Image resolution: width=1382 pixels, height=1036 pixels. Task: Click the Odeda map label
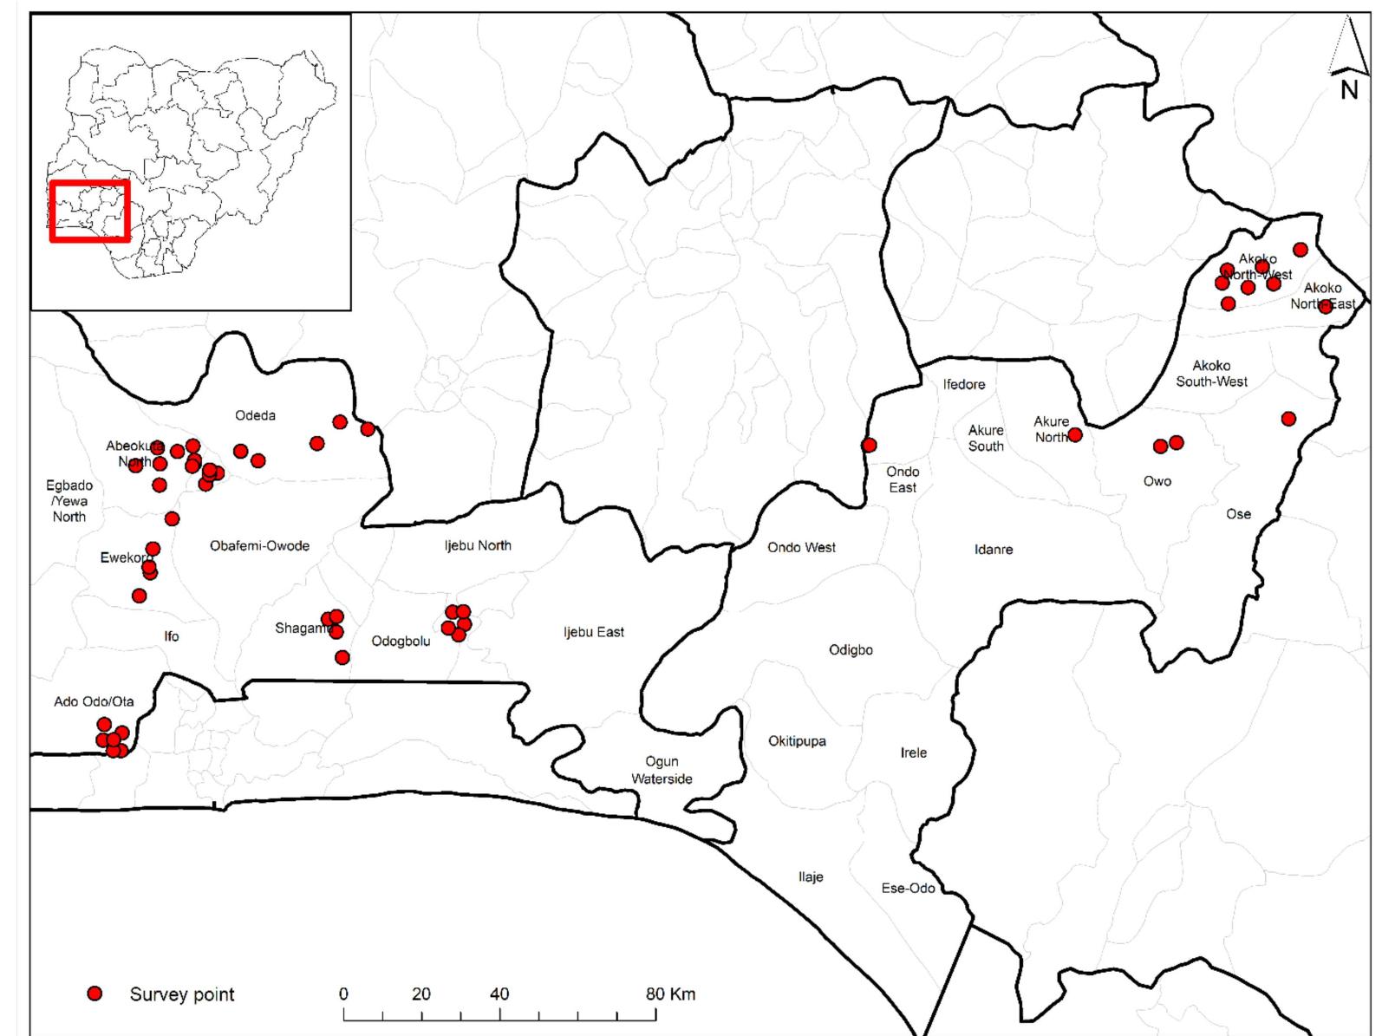point(255,415)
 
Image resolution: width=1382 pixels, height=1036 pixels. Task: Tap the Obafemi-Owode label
point(259,546)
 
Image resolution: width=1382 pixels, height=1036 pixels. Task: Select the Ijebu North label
point(478,545)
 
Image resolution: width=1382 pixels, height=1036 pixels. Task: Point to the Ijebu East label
point(593,632)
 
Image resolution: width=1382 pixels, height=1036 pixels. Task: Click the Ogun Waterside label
point(662,770)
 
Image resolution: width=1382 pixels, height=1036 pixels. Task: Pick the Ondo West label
point(801,547)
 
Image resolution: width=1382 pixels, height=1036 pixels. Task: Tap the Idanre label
point(993,550)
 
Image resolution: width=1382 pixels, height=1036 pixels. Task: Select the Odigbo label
point(851,650)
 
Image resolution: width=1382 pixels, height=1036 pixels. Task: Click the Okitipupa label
point(797,741)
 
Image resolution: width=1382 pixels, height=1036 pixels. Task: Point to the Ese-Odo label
point(908,888)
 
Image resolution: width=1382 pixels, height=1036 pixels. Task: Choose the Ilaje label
point(811,876)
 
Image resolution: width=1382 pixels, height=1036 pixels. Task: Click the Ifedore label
point(964,384)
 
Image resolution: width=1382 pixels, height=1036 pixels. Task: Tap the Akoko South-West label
point(1211,374)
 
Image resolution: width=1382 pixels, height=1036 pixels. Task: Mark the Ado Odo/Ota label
point(94,701)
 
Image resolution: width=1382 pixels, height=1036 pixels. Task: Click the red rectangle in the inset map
point(90,211)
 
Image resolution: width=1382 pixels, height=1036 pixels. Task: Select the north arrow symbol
point(1348,61)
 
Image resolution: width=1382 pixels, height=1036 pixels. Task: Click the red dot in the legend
point(95,994)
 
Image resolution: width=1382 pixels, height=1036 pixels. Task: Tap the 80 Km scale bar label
point(670,994)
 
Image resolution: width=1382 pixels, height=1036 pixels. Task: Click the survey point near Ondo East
point(869,445)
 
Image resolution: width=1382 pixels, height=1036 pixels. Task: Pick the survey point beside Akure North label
point(1075,434)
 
